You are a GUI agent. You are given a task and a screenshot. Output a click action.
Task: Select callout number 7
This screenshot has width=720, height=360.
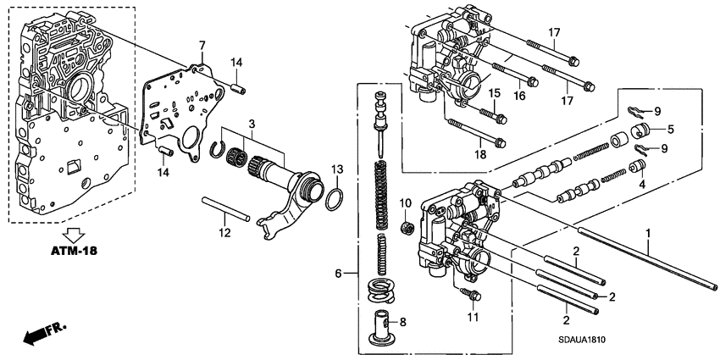click(201, 44)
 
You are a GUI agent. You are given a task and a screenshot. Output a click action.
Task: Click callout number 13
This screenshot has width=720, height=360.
click(336, 168)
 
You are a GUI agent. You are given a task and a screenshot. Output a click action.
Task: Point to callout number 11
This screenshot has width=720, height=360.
click(473, 318)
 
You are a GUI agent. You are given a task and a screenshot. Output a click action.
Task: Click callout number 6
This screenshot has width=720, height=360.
click(339, 273)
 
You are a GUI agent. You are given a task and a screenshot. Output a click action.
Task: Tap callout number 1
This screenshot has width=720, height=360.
click(649, 233)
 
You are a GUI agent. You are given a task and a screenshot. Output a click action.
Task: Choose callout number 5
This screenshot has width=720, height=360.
click(669, 130)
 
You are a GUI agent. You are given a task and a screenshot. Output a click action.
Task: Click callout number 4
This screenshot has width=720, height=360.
click(641, 184)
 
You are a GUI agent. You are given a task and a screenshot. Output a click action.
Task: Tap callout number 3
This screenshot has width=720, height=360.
click(250, 125)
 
